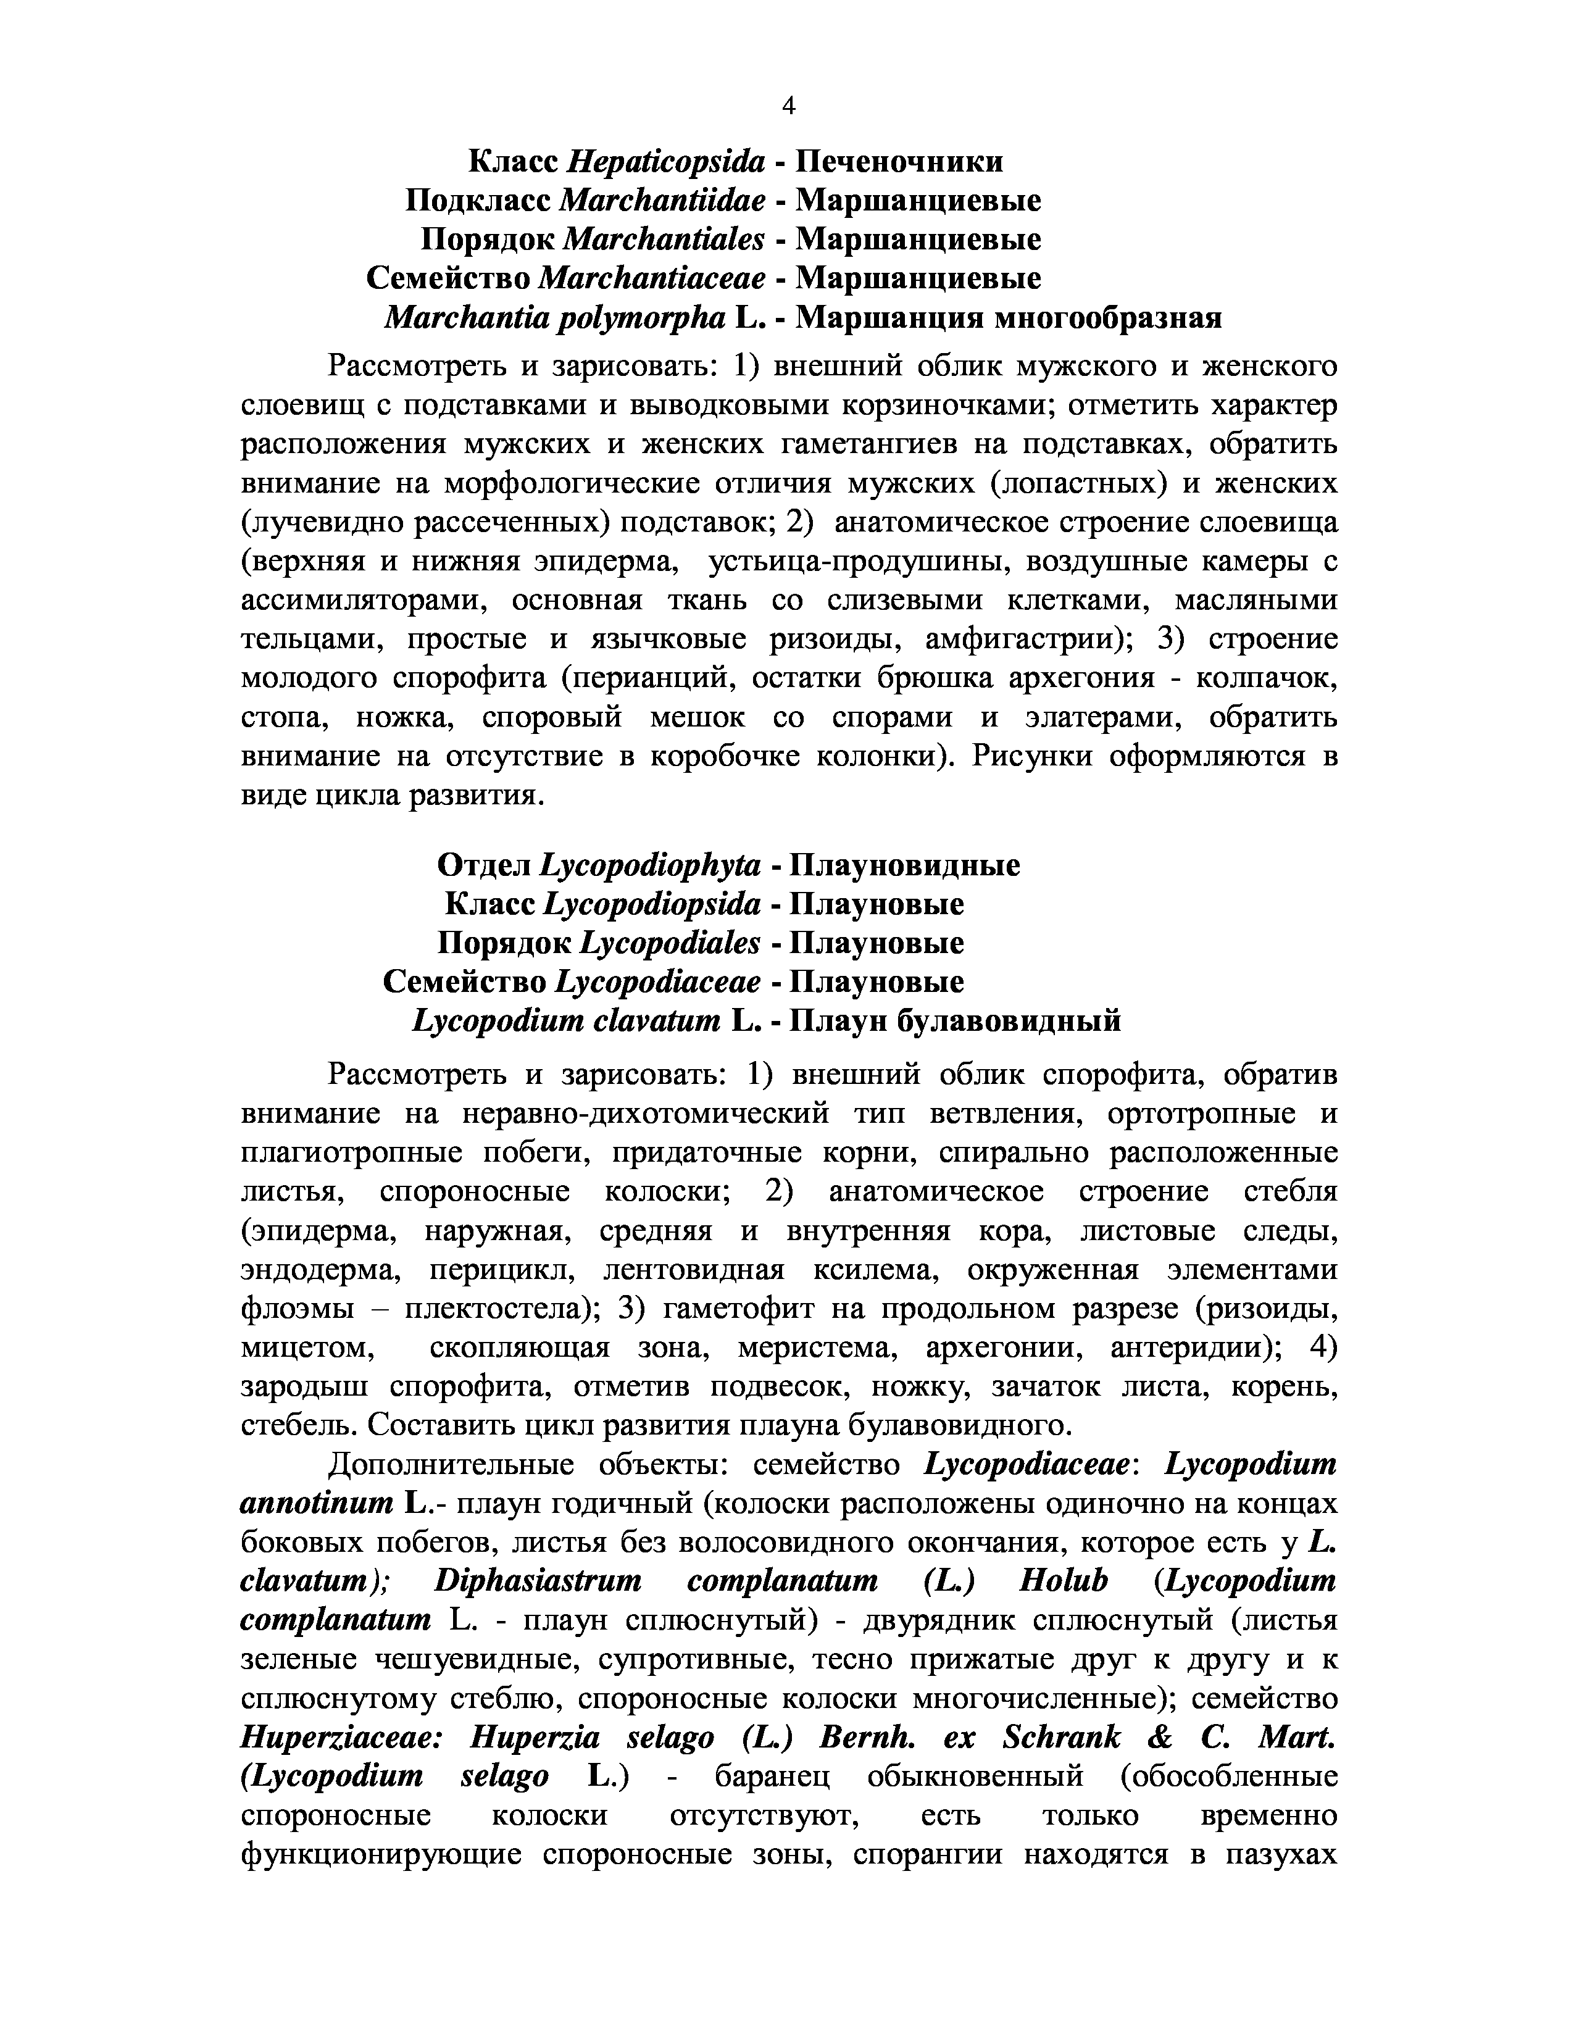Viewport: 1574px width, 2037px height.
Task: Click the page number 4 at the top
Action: point(788,106)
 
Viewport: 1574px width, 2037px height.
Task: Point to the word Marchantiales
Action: point(665,240)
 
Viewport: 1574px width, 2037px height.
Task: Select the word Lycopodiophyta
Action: point(650,865)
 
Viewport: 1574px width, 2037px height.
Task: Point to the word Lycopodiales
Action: point(670,943)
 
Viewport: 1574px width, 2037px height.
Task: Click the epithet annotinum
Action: point(317,1504)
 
